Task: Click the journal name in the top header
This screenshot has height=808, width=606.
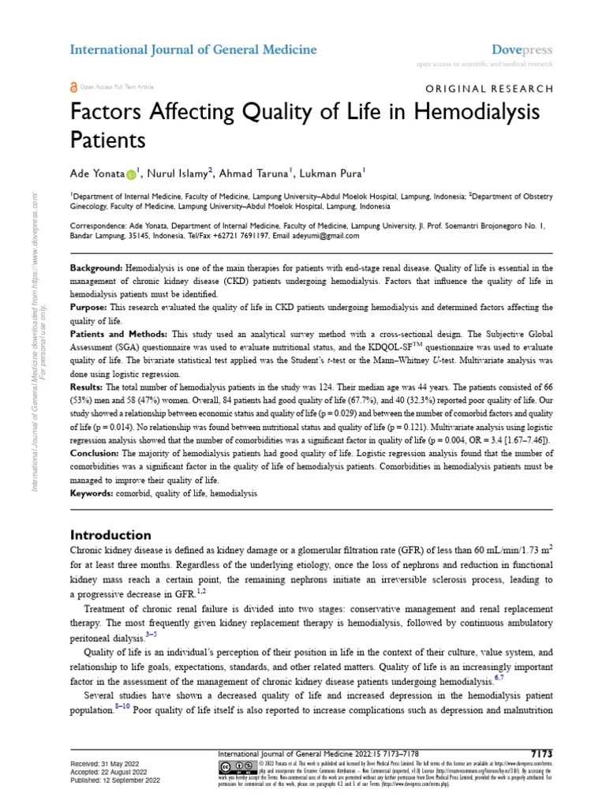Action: click(x=193, y=50)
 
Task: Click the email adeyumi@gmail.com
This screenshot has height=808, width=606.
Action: click(x=313, y=236)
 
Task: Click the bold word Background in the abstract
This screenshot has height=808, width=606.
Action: click(x=95, y=269)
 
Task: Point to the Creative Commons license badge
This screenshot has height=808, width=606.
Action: click(x=230, y=766)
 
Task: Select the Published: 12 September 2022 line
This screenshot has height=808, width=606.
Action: click(x=115, y=779)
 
